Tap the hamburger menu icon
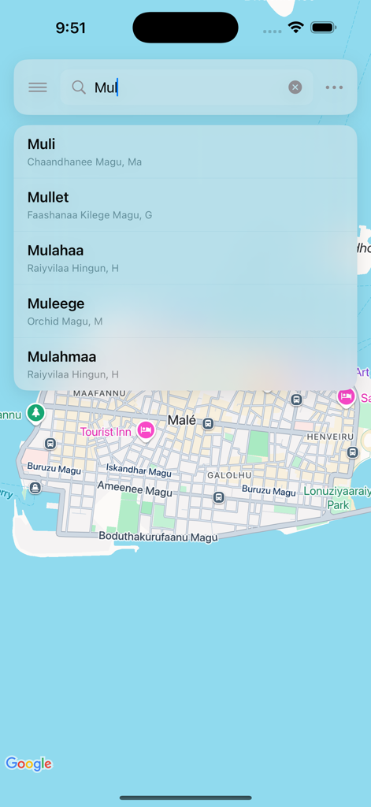[x=38, y=87]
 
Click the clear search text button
[x=295, y=87]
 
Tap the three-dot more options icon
[x=334, y=87]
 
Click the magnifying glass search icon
[x=79, y=87]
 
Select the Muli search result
[x=185, y=152]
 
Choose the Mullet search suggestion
[x=185, y=205]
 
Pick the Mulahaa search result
[x=185, y=258]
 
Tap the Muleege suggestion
[x=185, y=311]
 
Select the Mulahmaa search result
[x=185, y=364]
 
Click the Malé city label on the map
[x=182, y=421]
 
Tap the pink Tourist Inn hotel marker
[x=145, y=430]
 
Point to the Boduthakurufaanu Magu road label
[x=158, y=537]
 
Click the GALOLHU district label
[x=229, y=475]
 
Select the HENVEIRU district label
[x=330, y=436]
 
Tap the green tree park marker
[x=35, y=412]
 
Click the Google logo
[x=28, y=764]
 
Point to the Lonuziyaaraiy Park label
[x=337, y=496]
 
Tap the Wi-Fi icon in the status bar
[x=296, y=28]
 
